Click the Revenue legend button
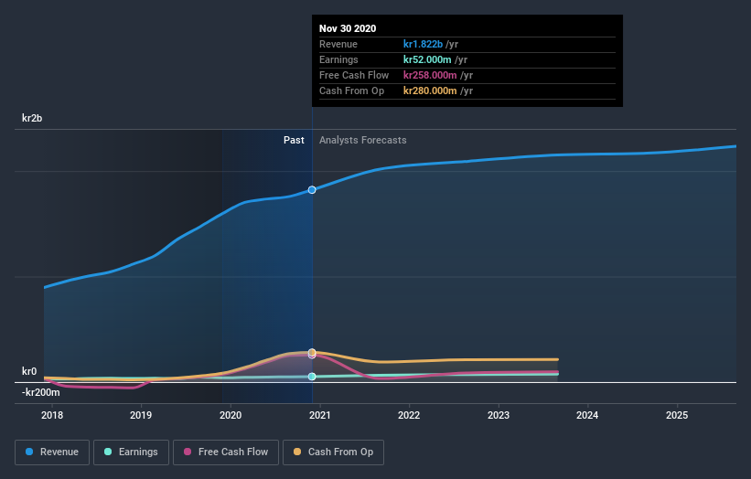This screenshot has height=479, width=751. [53, 452]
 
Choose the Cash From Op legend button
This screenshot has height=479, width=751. [333, 452]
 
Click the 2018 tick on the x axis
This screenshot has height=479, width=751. [52, 415]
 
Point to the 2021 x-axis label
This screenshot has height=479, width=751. [320, 415]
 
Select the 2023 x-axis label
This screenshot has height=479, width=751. [499, 415]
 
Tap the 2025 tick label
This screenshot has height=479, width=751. [677, 415]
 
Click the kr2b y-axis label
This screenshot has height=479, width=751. [33, 119]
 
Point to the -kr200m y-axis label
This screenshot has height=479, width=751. [41, 392]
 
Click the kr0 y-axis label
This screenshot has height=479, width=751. [29, 371]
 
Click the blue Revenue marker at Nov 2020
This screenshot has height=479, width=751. [312, 190]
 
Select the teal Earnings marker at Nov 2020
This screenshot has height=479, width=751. [312, 377]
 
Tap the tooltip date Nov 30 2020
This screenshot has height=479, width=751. [348, 29]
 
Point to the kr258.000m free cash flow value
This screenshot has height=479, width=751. [430, 75]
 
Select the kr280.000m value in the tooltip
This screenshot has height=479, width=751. [430, 90]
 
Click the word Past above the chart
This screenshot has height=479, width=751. [294, 140]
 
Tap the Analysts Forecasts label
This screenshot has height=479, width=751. [363, 140]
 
